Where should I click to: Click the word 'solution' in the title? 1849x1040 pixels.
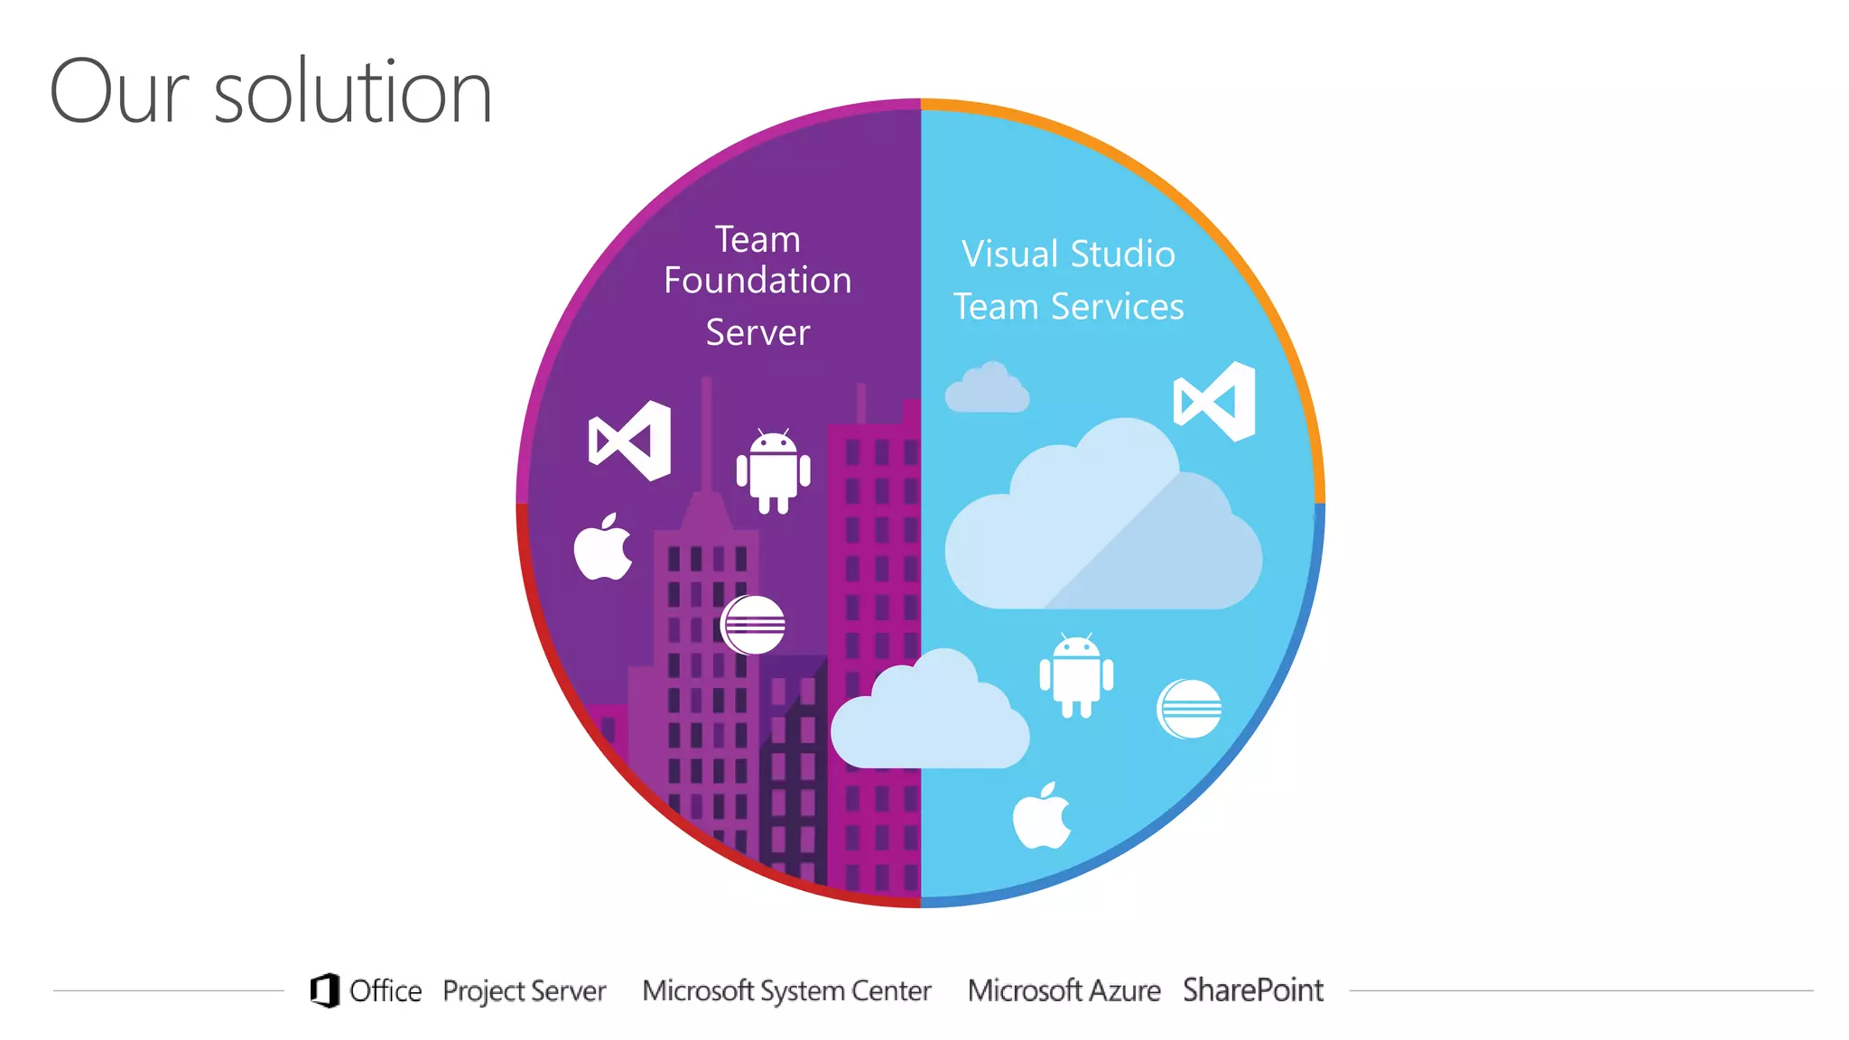pyautogui.click(x=352, y=92)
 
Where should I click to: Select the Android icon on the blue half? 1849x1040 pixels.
pyautogui.click(x=1076, y=676)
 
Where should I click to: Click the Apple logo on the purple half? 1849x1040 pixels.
pyautogui.click(x=603, y=548)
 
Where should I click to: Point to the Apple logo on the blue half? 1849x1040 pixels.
pyautogui.click(x=1042, y=817)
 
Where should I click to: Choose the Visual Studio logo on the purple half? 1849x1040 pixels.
pyautogui.click(x=630, y=441)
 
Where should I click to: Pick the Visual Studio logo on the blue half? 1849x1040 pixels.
pyautogui.click(x=1214, y=402)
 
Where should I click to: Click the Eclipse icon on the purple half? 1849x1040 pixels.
pyautogui.click(x=753, y=625)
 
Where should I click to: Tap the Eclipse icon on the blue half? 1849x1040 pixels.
pyautogui.click(x=1189, y=709)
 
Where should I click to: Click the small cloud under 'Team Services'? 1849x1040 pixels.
pyautogui.click(x=987, y=389)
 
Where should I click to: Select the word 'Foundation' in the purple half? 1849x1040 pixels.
pyautogui.click(x=757, y=281)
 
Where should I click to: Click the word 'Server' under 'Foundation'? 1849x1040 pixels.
pyautogui.click(x=757, y=333)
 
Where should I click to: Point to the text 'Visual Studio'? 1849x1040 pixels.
pyautogui.click(x=1068, y=255)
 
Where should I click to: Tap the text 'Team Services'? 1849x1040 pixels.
pyautogui.click(x=1068, y=307)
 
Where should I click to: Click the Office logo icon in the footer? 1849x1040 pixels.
pyautogui.click(x=325, y=990)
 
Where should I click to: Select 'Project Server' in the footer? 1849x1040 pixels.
pyautogui.click(x=524, y=991)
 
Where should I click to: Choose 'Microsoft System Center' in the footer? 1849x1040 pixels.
pyautogui.click(x=786, y=991)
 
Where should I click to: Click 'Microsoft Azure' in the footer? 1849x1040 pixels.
pyautogui.click(x=1064, y=991)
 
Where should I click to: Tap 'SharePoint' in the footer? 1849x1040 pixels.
pyautogui.click(x=1252, y=990)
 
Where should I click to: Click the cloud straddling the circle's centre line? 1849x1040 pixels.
pyautogui.click(x=929, y=718)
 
